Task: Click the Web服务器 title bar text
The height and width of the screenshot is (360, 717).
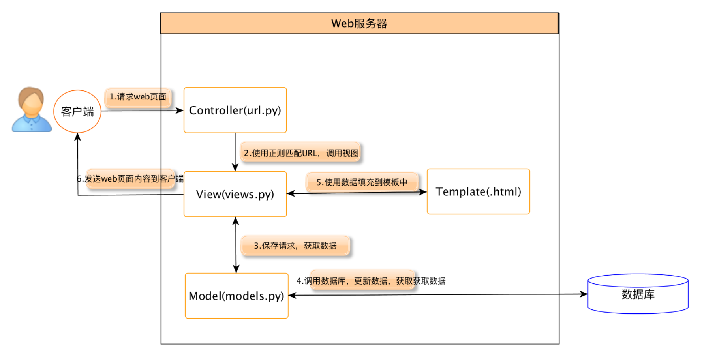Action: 359,23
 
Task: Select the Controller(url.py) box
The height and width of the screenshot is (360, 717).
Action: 235,110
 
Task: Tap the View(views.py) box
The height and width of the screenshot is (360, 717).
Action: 235,194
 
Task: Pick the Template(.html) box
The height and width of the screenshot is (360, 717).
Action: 478,191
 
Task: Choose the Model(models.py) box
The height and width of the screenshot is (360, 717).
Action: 236,296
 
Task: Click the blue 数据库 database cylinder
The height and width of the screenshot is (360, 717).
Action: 638,294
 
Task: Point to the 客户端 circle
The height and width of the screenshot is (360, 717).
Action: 77,111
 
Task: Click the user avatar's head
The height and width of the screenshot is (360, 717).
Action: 31,101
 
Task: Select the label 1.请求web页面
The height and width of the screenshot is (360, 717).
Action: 138,97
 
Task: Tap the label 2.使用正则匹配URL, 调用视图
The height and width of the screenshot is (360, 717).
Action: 301,153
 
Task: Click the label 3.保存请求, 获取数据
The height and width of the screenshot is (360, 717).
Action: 295,246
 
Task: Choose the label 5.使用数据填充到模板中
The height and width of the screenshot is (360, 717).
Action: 362,182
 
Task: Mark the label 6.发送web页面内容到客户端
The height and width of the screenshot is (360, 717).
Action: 130,179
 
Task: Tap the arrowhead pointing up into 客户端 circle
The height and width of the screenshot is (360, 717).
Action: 78,137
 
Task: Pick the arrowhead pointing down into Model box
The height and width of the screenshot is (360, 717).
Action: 236,269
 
